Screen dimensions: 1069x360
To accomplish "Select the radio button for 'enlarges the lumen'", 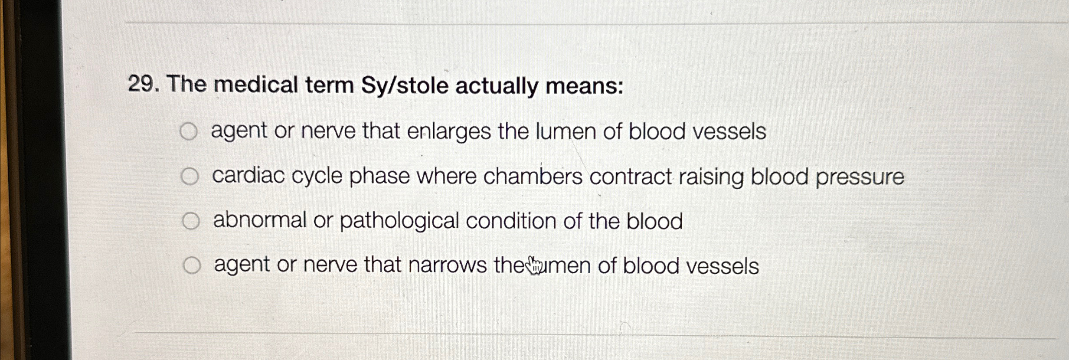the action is [189, 131].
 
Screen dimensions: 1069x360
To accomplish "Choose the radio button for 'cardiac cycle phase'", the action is [190, 176].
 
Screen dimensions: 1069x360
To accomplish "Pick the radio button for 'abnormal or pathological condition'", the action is [191, 221].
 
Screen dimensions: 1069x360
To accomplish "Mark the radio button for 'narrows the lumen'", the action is [192, 265].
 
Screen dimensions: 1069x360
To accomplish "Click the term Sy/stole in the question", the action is [405, 85].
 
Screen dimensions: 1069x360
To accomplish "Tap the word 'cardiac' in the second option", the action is [248, 176].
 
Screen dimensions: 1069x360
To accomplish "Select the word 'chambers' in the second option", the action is [533, 176].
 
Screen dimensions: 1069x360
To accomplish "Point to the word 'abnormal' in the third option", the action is [260, 220].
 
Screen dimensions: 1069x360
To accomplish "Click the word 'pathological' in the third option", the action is [399, 221].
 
